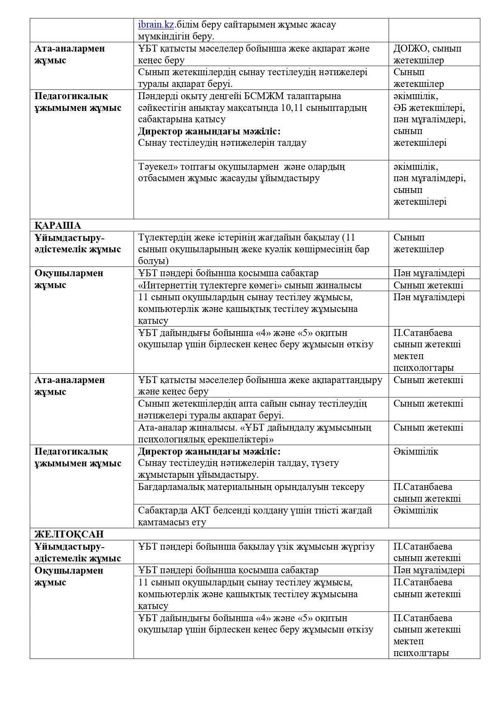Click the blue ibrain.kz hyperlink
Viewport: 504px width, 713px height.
click(156, 25)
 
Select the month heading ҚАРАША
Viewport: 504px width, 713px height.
click(58, 225)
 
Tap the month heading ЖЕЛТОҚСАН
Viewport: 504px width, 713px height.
click(69, 534)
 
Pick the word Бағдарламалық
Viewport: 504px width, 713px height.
click(172, 487)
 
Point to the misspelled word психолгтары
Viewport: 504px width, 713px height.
click(421, 653)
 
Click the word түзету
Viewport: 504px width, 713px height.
click(325, 463)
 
